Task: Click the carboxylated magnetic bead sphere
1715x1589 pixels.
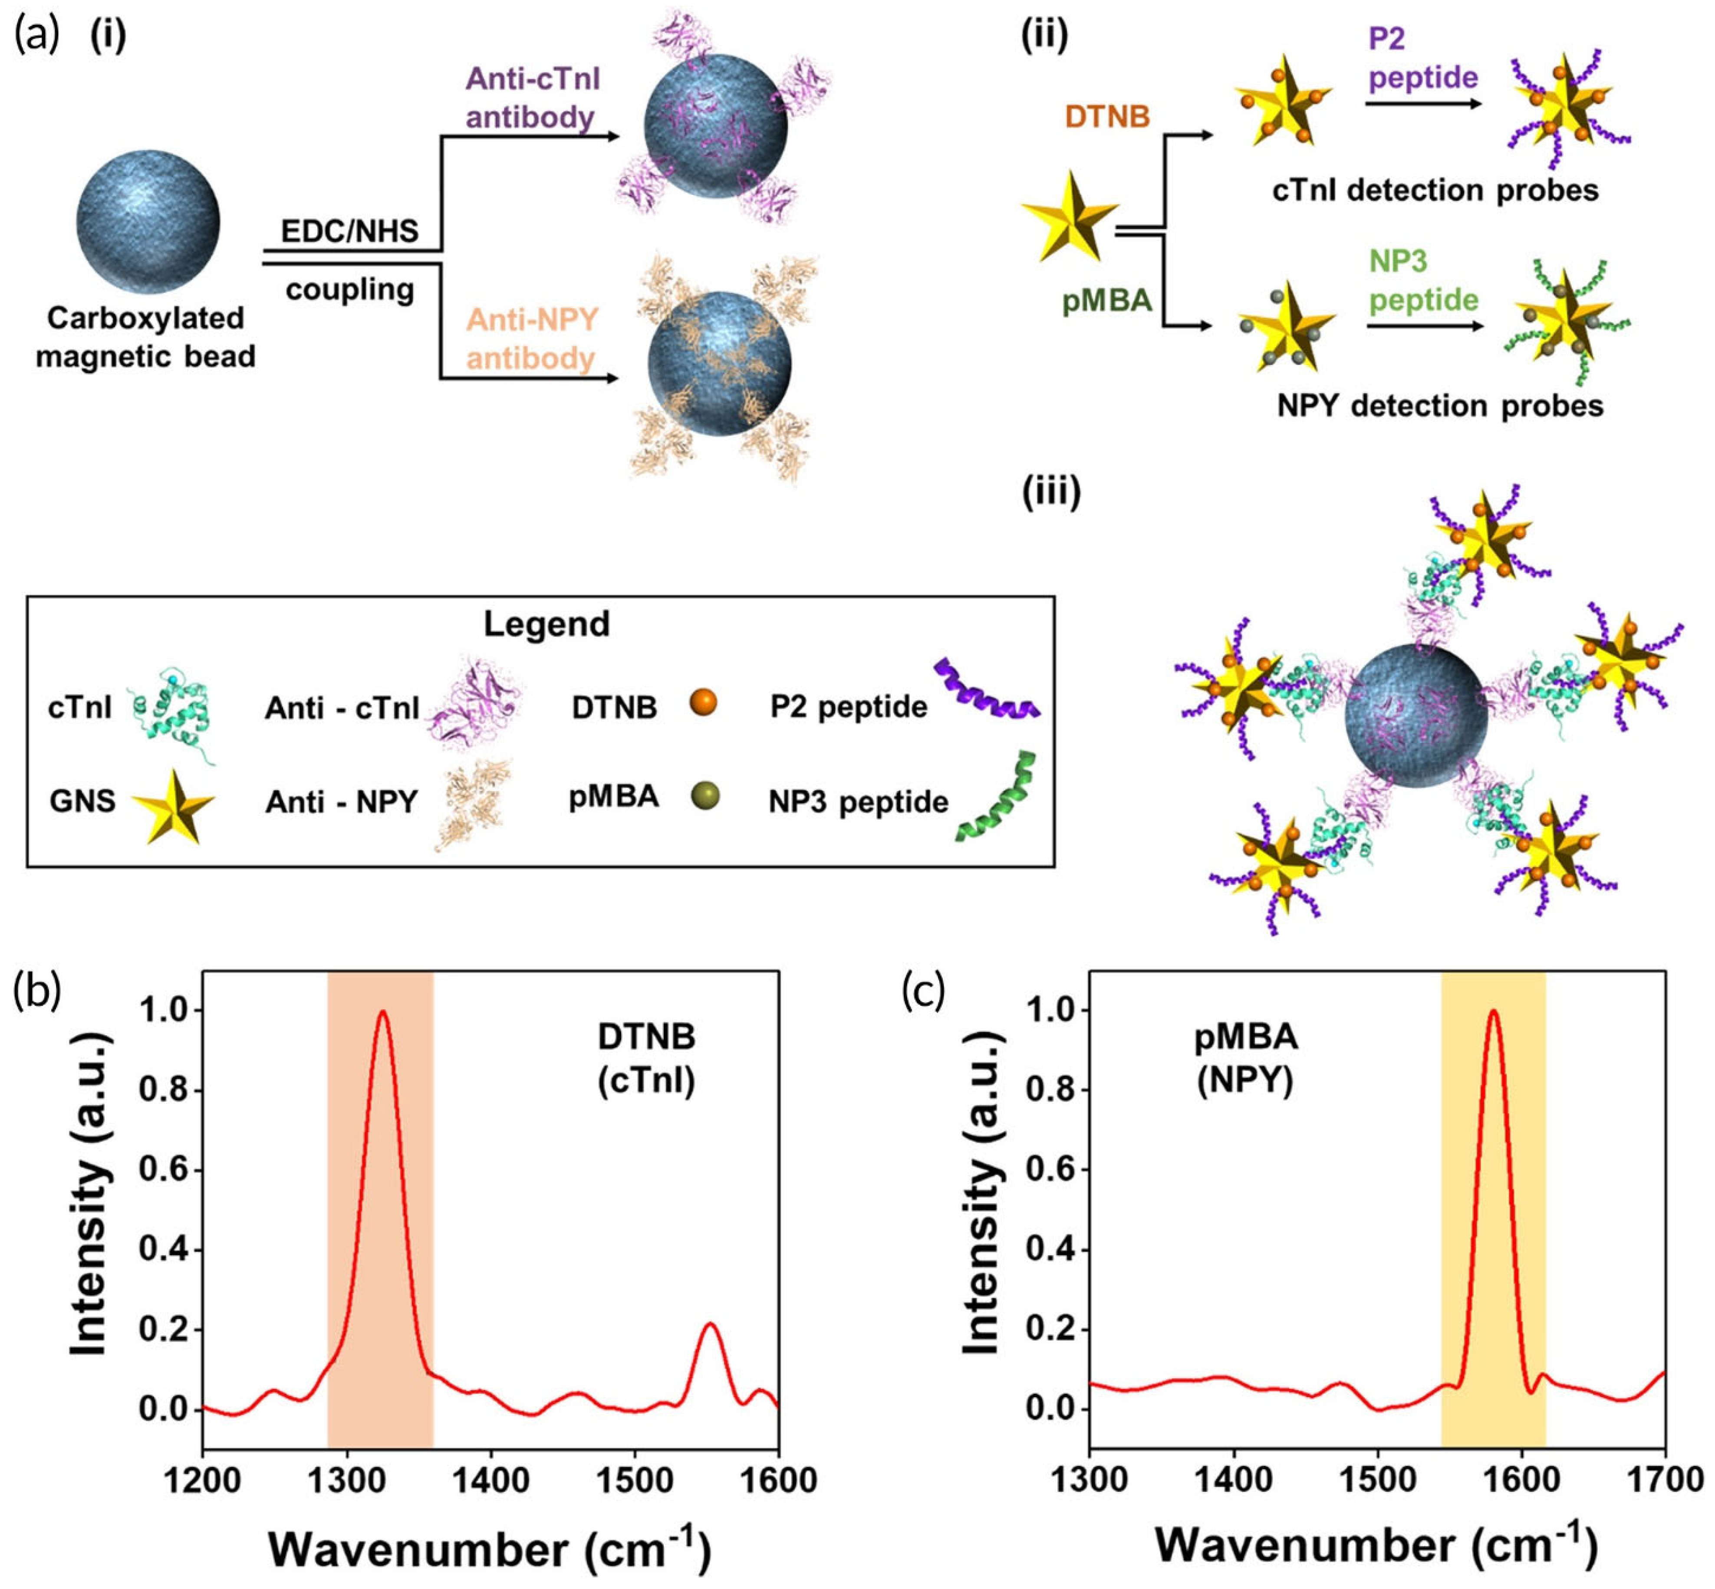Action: coord(148,222)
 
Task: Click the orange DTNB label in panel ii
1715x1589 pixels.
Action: coord(1107,116)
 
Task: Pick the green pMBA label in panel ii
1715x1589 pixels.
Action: coord(1107,300)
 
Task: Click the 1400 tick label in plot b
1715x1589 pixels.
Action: coord(490,1481)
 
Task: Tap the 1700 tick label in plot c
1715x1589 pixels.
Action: coord(1665,1481)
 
